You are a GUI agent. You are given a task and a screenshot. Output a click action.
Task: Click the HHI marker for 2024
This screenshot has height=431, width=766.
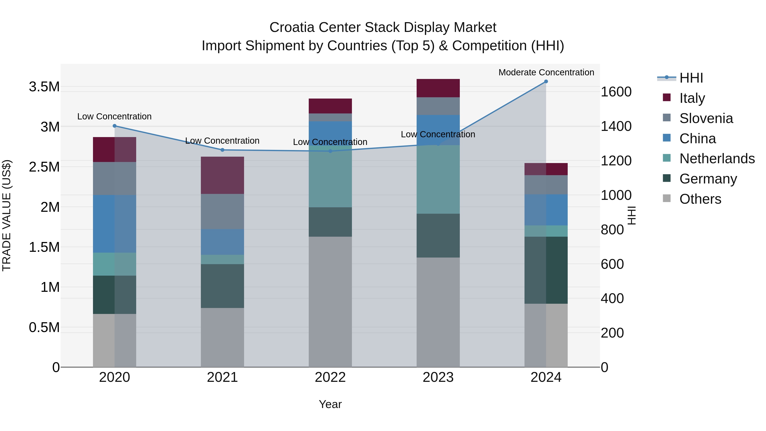tap(546, 82)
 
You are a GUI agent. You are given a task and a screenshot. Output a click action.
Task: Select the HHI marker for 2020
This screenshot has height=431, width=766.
tap(114, 126)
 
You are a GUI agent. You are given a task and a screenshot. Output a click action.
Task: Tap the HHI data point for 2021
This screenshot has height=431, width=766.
tap(222, 150)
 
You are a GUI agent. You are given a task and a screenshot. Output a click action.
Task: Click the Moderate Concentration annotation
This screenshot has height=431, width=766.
tap(546, 72)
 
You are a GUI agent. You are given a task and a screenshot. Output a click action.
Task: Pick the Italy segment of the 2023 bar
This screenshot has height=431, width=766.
tap(438, 88)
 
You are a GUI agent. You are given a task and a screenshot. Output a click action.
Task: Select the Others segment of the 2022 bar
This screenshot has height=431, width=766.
tap(330, 302)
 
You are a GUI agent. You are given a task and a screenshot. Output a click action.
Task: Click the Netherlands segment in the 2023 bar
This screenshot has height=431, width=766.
tap(438, 179)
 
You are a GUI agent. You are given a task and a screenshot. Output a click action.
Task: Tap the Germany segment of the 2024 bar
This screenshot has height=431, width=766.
tap(546, 270)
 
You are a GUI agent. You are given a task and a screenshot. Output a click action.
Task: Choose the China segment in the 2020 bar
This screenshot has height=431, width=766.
tap(114, 224)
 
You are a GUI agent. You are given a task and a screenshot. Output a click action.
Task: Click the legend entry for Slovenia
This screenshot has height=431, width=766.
tap(706, 118)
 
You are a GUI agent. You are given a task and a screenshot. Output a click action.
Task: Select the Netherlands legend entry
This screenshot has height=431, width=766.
tap(717, 159)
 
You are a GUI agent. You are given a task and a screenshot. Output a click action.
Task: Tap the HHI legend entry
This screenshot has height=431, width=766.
tap(691, 78)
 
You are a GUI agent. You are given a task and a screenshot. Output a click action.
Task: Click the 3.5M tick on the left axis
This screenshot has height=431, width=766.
tap(44, 87)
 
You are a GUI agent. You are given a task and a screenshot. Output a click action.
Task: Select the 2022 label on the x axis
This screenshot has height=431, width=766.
tap(330, 377)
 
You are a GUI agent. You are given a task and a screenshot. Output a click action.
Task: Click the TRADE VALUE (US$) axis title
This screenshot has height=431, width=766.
tap(7, 215)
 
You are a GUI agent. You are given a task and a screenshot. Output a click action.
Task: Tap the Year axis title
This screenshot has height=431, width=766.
tap(330, 404)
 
